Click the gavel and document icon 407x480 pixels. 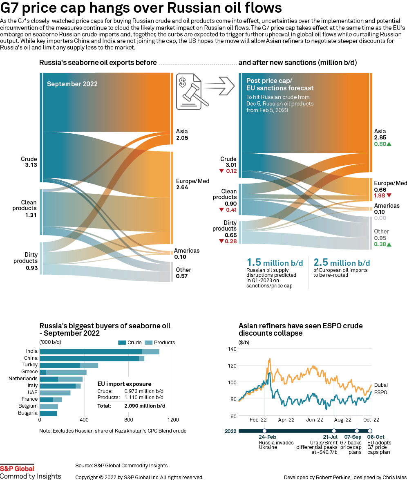pyautogui.click(x=190, y=91)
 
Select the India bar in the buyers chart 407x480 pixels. pyautogui.click(x=99, y=351)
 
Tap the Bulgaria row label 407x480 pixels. pyautogui.click(x=28, y=413)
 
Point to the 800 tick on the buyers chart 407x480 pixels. pyautogui.click(x=128, y=420)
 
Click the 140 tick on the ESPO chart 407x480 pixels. pyautogui.click(x=232, y=349)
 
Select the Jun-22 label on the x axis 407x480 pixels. pyautogui.click(x=314, y=419)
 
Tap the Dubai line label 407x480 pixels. pyautogui.click(x=381, y=385)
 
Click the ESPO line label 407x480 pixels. pyautogui.click(x=380, y=392)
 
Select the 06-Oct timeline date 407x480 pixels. pyautogui.click(x=376, y=437)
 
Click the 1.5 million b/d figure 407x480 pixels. pyautogui.click(x=275, y=263)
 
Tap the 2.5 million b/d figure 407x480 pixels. pyautogui.click(x=341, y=263)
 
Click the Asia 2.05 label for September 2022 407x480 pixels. pyautogui.click(x=182, y=135)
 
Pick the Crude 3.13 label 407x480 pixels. pyautogui.click(x=29, y=162)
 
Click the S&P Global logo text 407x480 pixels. pyautogui.click(x=17, y=469)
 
